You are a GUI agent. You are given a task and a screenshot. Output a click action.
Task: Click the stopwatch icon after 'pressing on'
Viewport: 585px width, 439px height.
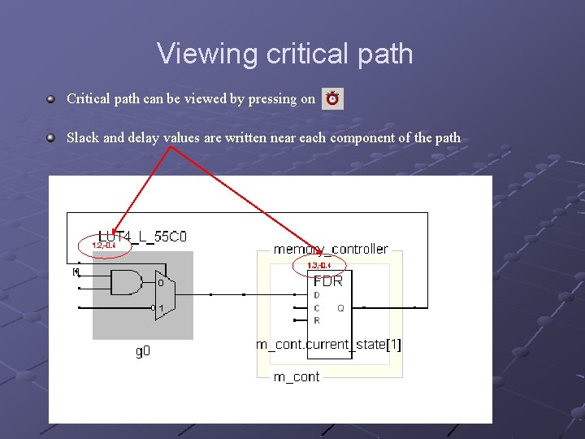click(332, 99)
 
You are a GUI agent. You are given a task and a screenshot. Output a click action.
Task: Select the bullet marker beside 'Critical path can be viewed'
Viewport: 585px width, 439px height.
click(50, 98)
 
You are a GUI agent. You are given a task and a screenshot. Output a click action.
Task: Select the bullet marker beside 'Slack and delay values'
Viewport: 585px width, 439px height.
click(50, 137)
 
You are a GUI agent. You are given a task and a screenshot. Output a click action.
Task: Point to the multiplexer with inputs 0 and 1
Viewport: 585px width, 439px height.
click(161, 295)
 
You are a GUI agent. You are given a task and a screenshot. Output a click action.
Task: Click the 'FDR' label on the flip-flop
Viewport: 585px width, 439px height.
click(327, 280)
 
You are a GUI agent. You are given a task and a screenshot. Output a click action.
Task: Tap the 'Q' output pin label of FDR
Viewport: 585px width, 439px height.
click(340, 308)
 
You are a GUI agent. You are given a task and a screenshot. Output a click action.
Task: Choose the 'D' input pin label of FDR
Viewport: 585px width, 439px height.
click(317, 295)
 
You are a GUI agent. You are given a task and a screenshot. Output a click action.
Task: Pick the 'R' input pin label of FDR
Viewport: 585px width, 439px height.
click(317, 320)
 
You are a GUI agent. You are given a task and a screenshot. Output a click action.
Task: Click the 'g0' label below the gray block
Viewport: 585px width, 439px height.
click(142, 351)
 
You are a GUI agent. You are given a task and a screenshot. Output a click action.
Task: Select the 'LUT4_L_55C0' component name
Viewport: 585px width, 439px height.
click(142, 237)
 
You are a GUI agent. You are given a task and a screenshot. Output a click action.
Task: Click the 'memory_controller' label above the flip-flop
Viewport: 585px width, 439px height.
click(331, 249)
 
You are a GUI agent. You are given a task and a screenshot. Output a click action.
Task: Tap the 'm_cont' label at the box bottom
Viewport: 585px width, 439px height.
click(297, 376)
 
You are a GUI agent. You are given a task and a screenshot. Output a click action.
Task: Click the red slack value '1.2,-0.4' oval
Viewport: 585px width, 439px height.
click(103, 245)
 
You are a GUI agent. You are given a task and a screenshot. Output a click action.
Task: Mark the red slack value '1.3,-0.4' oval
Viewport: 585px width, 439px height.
click(318, 266)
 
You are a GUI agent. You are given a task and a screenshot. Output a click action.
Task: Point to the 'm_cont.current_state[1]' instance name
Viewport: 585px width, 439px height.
click(329, 345)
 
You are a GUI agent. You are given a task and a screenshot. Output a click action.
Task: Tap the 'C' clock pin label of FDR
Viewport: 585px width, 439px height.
click(317, 308)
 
